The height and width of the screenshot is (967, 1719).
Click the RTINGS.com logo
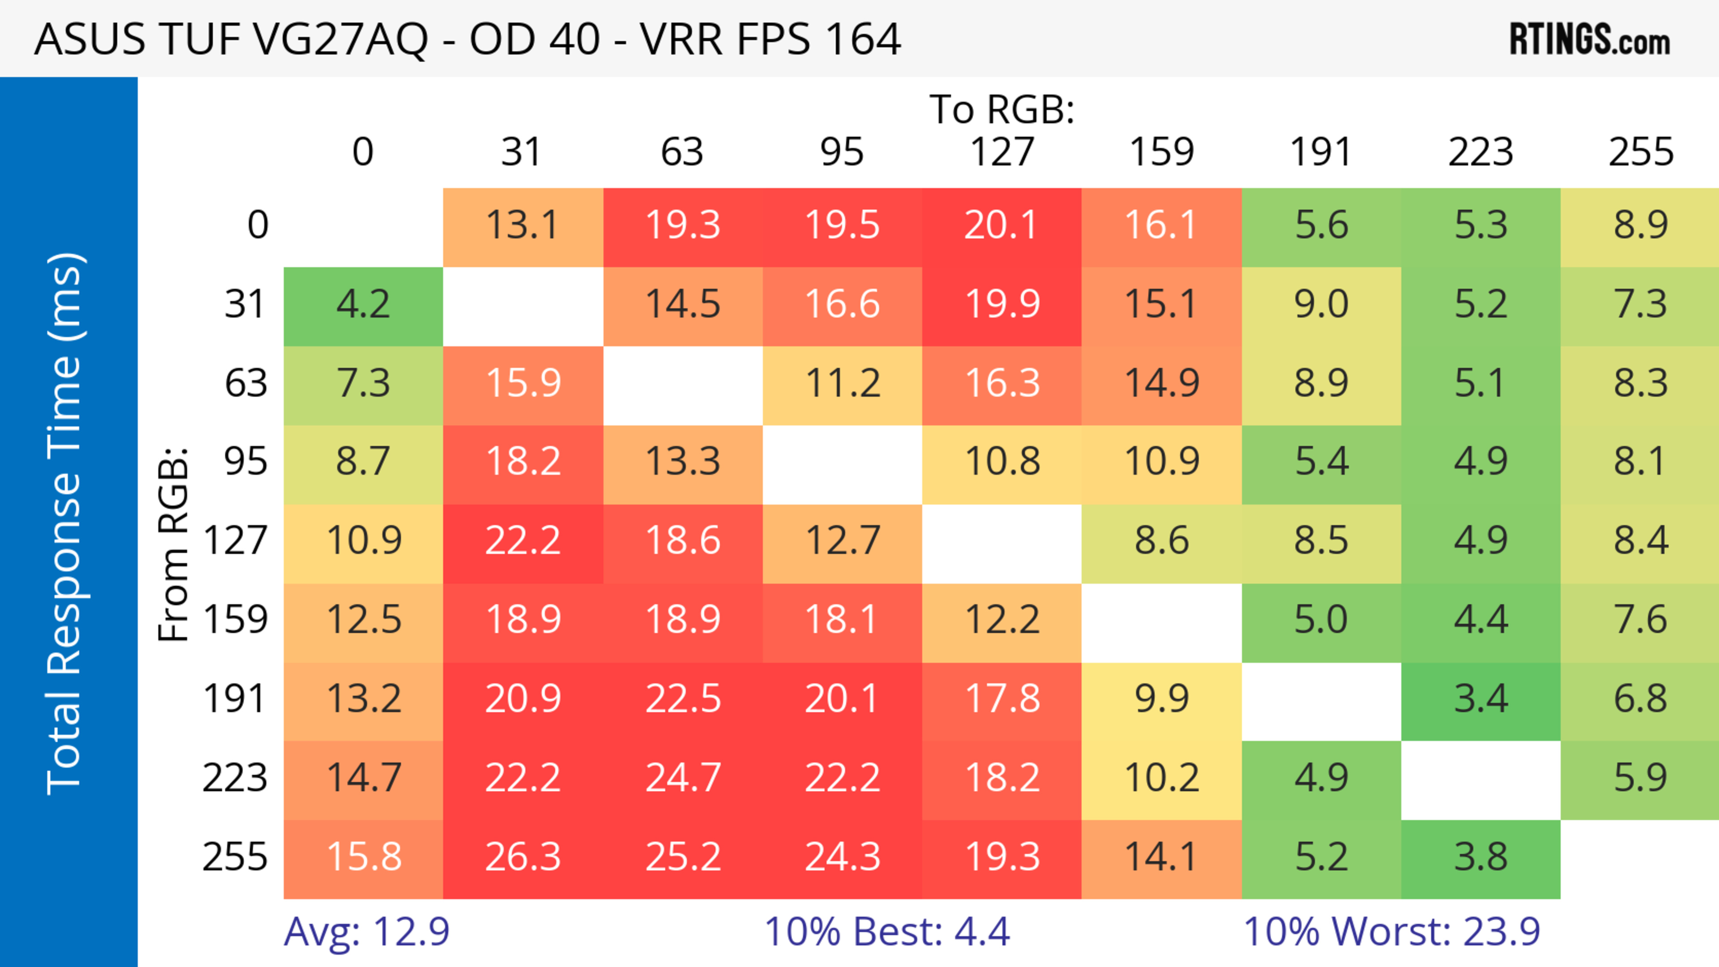(1590, 39)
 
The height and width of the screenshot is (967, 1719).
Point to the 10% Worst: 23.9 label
(1391, 931)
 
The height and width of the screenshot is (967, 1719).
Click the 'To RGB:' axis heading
(1002, 109)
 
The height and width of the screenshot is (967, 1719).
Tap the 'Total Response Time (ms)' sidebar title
(65, 524)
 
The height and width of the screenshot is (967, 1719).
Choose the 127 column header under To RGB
(1002, 152)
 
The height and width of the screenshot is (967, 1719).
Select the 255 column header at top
(1641, 152)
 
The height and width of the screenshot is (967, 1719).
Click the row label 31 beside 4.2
(246, 304)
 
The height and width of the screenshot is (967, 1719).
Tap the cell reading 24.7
(683, 778)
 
